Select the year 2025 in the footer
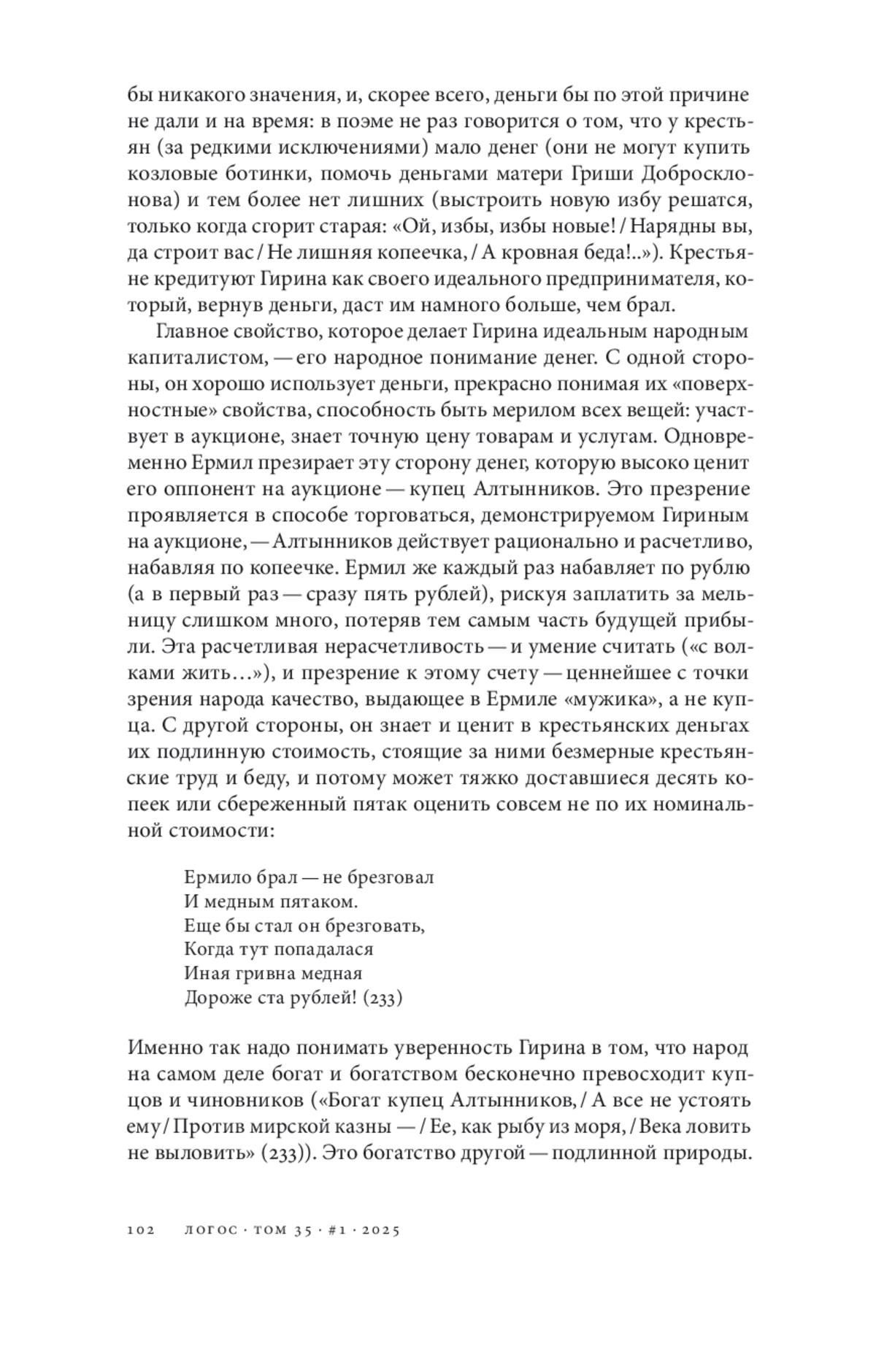coord(379,1230)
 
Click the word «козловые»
coord(171,175)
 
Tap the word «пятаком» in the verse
coord(320,901)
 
